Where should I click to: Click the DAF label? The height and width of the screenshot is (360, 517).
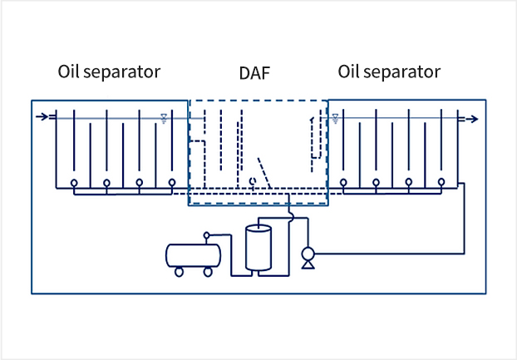tap(254, 73)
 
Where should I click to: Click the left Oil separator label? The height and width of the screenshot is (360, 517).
tap(109, 72)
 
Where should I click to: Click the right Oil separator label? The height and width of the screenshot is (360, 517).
tap(389, 72)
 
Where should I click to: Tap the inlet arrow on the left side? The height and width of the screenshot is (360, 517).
tap(42, 116)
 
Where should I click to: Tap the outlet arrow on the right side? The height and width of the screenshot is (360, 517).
tap(471, 119)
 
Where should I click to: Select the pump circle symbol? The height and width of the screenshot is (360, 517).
tap(308, 254)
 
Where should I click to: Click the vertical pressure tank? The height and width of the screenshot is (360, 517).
tap(258, 247)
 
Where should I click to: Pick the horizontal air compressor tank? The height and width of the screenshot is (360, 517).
tap(193, 255)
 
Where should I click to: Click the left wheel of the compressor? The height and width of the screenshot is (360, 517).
tap(179, 272)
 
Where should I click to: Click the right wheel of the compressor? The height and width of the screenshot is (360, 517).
tap(208, 272)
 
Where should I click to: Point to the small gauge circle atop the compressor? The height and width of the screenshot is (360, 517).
tap(207, 235)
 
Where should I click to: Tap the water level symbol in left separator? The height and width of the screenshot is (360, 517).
tap(164, 118)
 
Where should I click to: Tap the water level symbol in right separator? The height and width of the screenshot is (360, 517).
tap(335, 118)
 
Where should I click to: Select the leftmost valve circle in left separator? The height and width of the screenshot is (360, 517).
tap(74, 183)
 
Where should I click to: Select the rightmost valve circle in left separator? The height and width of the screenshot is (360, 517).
tap(172, 182)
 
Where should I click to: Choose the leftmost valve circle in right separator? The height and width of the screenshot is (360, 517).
tap(343, 182)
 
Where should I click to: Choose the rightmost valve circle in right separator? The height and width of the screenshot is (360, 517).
tap(441, 182)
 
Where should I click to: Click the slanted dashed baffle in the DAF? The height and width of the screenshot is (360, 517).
tap(264, 173)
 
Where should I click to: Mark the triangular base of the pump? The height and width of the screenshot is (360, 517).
tap(308, 264)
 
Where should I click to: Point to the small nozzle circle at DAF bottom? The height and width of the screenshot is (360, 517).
tap(253, 181)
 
